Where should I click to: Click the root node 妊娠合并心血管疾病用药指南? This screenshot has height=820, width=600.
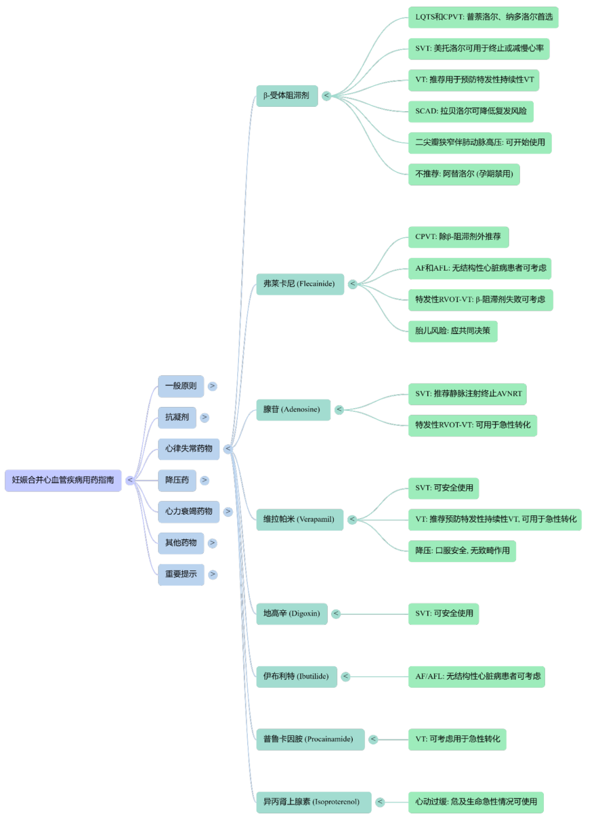pos(63,480)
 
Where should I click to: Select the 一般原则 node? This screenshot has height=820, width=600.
pos(181,386)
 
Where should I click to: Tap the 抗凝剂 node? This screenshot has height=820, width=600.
pos(177,418)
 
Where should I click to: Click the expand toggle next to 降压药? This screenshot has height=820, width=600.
pos(205,480)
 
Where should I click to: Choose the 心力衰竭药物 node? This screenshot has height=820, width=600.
pos(188,511)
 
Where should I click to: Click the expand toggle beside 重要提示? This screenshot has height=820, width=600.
pos(213,574)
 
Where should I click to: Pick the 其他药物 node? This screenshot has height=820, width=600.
pos(181,543)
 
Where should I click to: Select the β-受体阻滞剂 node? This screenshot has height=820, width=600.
pos(286,96)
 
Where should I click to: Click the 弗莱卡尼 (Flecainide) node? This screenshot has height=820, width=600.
pos(299,284)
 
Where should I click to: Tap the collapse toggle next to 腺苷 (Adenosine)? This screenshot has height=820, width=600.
pos(339,410)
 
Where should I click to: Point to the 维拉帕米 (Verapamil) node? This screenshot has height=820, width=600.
pos(299,519)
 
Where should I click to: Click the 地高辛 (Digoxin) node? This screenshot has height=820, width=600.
pos(291,614)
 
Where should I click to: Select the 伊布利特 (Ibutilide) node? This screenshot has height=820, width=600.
pos(296,677)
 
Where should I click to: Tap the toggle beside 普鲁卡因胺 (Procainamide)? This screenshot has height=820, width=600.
pos(373,739)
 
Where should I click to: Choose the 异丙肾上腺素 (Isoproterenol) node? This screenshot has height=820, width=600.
pos(313,802)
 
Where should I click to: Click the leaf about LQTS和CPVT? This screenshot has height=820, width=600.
pos(483,17)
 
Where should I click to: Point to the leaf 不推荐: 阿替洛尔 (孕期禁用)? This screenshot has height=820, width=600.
pos(463,174)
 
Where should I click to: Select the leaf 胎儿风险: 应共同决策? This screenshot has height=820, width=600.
pos(452,331)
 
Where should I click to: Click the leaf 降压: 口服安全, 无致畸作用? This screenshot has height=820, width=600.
pos(462,551)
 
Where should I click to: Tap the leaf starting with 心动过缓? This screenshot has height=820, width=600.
pos(476,802)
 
